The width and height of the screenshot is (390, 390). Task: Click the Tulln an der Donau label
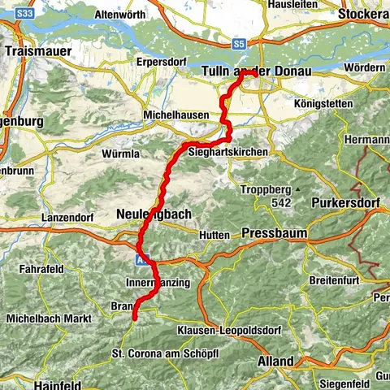[253, 71]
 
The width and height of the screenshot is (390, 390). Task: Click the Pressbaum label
[274, 233]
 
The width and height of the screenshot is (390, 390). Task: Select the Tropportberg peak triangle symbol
[298, 189]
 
